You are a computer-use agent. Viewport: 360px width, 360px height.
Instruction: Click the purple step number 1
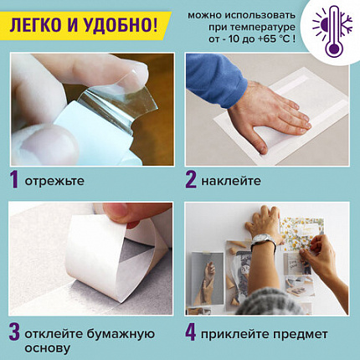tap(13, 178)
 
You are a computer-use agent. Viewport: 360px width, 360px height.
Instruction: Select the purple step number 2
tap(192, 178)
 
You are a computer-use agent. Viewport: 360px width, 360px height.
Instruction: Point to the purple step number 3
tap(13, 330)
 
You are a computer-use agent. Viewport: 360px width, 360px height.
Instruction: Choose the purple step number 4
tap(192, 330)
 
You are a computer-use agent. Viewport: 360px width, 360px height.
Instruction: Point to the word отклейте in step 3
tap(58, 331)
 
